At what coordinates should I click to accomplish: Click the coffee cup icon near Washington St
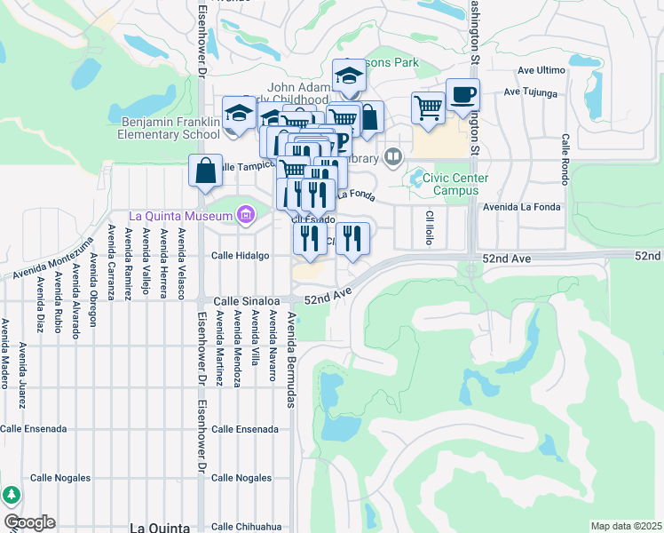click(462, 95)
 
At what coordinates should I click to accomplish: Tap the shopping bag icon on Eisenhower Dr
click(205, 171)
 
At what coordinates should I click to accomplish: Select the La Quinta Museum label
click(180, 215)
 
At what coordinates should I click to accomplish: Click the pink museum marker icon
click(246, 214)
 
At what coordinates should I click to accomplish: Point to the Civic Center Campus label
click(455, 183)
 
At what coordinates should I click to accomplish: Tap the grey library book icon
click(393, 157)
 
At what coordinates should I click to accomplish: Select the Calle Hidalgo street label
click(240, 256)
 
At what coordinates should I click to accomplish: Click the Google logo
click(29, 522)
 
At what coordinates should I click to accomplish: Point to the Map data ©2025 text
click(626, 526)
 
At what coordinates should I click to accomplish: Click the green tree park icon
click(11, 495)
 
